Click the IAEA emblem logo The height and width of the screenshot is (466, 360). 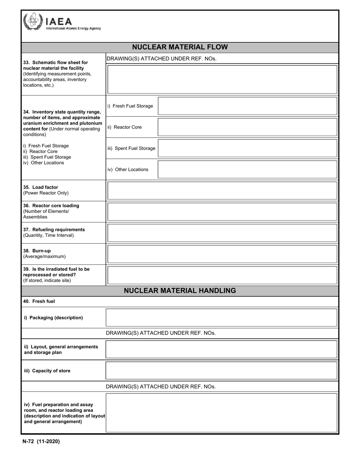pyautogui.click(x=32, y=21)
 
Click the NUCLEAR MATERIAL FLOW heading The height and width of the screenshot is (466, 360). pyautogui.click(x=180, y=47)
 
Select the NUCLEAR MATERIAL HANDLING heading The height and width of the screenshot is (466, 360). pyautogui.click(x=180, y=291)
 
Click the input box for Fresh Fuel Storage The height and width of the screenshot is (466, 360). pyautogui.click(x=247, y=106)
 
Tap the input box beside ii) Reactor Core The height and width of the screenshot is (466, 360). pyautogui.click(x=247, y=127)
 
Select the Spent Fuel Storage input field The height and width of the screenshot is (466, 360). pyautogui.click(x=247, y=148)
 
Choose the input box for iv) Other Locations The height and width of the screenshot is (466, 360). pyautogui.click(x=247, y=169)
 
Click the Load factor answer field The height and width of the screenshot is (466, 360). pyautogui.click(x=222, y=191)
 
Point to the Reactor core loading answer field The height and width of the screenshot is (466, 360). pyautogui.click(x=222, y=212)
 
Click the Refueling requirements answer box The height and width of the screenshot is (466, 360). pyautogui.click(x=222, y=233)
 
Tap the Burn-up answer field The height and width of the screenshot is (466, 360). pyautogui.click(x=222, y=254)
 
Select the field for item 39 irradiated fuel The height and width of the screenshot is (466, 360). pyautogui.click(x=222, y=275)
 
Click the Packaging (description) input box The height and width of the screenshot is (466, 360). pyautogui.click(x=221, y=317)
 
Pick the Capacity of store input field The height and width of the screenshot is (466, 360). pyautogui.click(x=221, y=371)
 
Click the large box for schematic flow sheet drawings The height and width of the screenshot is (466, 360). pyautogui.click(x=222, y=79)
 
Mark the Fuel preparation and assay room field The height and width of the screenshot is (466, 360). pyautogui.click(x=221, y=413)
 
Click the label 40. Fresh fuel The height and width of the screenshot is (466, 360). pyautogui.click(x=39, y=302)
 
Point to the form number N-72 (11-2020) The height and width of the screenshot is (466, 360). pyautogui.click(x=41, y=441)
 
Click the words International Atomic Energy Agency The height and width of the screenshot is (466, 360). pyautogui.click(x=73, y=28)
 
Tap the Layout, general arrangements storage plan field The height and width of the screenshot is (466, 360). pyautogui.click(x=221, y=349)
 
